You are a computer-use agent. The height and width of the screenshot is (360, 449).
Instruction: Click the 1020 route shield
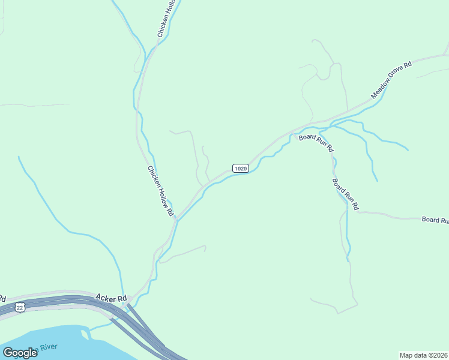point(240,169)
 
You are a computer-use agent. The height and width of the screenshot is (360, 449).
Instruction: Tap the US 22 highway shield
point(20,307)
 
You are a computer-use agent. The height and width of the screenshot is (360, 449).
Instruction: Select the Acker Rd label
point(111,298)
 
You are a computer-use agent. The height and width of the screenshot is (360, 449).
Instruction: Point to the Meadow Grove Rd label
point(390,80)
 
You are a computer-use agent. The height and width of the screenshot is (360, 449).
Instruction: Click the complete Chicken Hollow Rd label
point(160,191)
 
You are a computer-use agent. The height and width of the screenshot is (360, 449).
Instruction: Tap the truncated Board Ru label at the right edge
point(435,220)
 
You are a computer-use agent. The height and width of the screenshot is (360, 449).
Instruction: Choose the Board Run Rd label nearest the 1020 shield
point(316,142)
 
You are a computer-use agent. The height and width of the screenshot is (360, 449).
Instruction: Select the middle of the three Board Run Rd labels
point(345,193)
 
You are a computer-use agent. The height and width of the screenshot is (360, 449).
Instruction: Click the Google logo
point(20,353)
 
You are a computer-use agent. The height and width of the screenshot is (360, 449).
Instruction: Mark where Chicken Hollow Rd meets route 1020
point(176,220)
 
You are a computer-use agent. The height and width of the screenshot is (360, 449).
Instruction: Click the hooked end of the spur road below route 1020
point(205,247)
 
